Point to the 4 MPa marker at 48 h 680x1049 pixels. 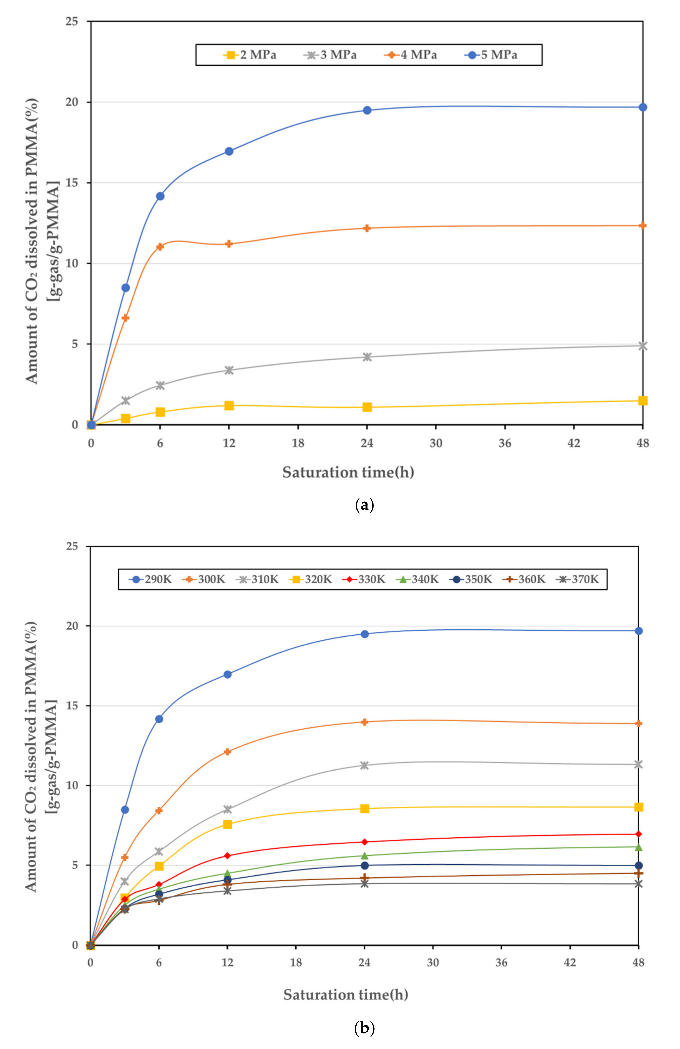tap(643, 226)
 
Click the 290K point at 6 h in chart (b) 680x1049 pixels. tap(159, 719)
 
